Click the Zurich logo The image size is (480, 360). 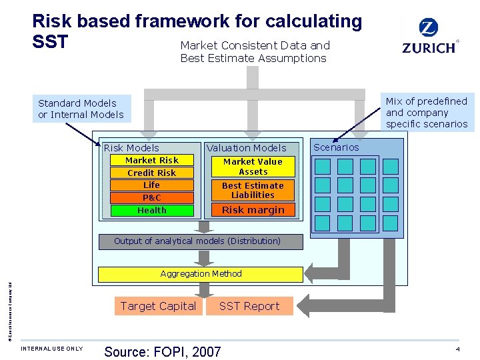click(x=429, y=37)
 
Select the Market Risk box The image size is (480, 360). click(x=152, y=160)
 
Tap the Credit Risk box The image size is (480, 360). click(x=152, y=173)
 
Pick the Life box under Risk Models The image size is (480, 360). click(x=152, y=185)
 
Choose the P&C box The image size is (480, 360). click(x=152, y=197)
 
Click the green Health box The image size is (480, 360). click(x=152, y=210)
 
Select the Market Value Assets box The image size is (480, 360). click(x=253, y=167)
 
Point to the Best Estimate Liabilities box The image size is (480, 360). click(x=253, y=191)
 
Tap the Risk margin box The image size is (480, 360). click(x=253, y=210)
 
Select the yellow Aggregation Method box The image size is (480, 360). click(x=201, y=274)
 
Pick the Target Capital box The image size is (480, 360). click(x=158, y=306)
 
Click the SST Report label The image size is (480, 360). click(x=249, y=306)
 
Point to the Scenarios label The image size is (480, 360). click(x=336, y=147)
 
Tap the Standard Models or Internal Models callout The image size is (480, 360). click(x=81, y=109)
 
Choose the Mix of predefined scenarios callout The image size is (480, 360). click(x=427, y=112)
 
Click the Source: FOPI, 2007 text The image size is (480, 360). click(x=162, y=352)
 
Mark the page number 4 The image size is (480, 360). click(x=458, y=349)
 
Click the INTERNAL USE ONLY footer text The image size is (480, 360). click(x=52, y=349)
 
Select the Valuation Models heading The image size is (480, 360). click(x=246, y=148)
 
